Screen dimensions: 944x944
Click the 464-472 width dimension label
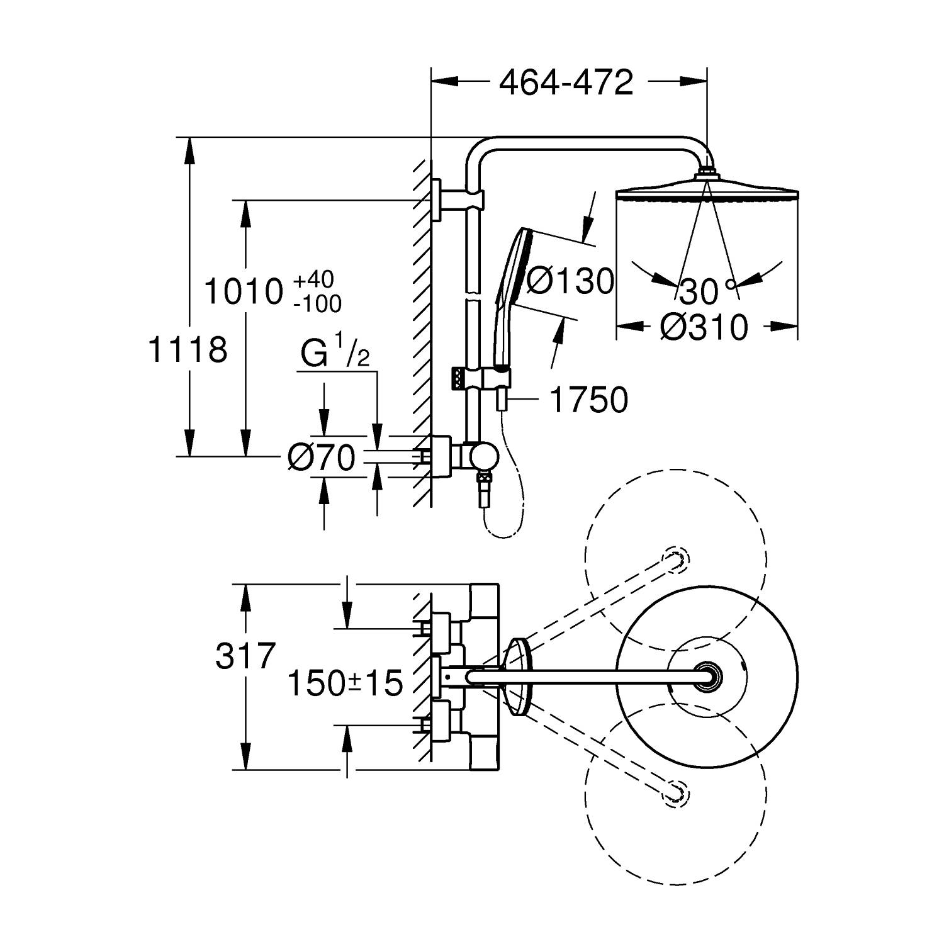[x=566, y=82]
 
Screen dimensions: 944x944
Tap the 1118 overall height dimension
[x=187, y=349]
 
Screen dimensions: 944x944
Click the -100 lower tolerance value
[x=317, y=304]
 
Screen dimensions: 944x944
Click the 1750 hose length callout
[x=589, y=400]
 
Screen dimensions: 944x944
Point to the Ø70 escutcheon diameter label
[x=321, y=458]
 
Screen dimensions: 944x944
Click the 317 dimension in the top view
[x=245, y=656]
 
